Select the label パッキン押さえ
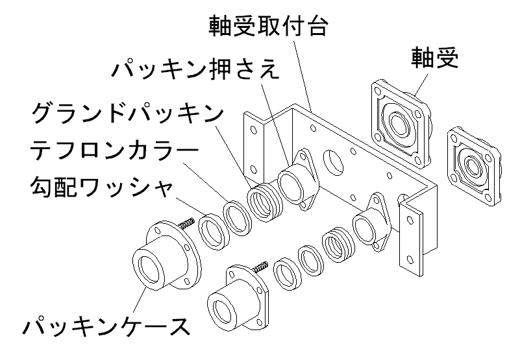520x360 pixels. tap(195, 68)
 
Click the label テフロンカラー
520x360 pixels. tap(112, 152)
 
